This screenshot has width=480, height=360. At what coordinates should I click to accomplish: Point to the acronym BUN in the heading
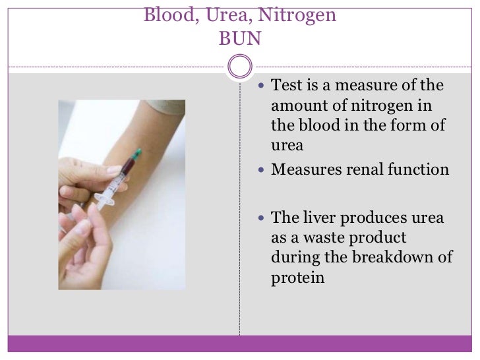point(239,39)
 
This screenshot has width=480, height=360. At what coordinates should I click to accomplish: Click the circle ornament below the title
point(239,66)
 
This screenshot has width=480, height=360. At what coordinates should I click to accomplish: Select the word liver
point(316,218)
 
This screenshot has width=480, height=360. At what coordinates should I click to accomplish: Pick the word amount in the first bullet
point(295,106)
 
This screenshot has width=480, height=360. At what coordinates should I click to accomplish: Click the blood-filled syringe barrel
point(119,175)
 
